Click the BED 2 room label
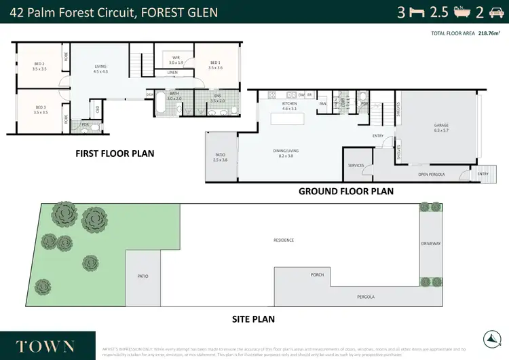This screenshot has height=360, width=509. [40, 66]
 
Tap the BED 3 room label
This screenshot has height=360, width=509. [40, 109]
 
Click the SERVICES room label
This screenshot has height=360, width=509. [356, 165]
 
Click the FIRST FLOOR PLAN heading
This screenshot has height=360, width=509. [114, 154]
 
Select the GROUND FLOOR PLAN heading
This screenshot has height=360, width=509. [346, 192]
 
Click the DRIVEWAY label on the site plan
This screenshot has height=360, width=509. [430, 242]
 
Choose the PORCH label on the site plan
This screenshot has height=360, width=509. [316, 275]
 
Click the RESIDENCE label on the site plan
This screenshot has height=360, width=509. [283, 240]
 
